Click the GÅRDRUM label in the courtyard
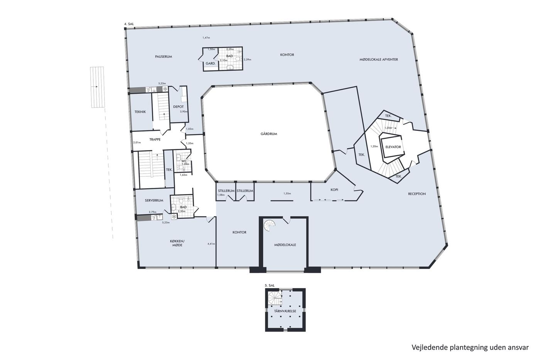[x=269, y=134]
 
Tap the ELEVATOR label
[x=393, y=147]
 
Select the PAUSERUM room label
[x=164, y=57]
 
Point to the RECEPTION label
[x=417, y=194]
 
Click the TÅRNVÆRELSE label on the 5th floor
[x=285, y=311]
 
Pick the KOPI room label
[x=334, y=190]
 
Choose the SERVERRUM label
[x=154, y=200]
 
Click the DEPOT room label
[x=178, y=106]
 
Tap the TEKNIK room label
[x=140, y=112]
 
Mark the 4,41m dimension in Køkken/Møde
[x=211, y=244]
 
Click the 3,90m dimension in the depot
[x=184, y=112]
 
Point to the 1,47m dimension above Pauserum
[x=206, y=37]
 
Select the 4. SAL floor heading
[x=129, y=24]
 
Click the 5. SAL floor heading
[x=270, y=285]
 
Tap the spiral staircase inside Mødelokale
[x=270, y=226]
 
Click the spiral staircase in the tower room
[x=275, y=298]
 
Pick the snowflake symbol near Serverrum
[x=174, y=216]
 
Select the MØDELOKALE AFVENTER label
[x=379, y=59]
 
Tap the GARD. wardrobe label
[x=211, y=64]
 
